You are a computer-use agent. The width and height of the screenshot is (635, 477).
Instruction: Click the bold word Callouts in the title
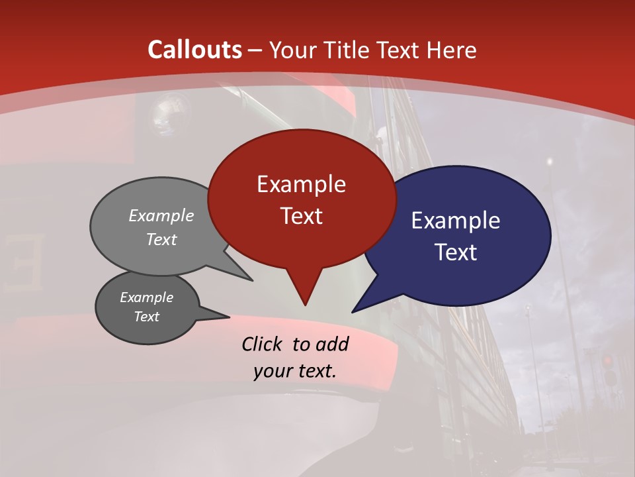click(195, 50)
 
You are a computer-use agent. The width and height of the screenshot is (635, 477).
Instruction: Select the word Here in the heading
click(452, 50)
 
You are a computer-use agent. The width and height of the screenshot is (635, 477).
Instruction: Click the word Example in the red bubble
click(301, 184)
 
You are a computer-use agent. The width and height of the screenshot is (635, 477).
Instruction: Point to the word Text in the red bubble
click(301, 216)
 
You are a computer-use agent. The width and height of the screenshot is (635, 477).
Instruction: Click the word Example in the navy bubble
click(456, 221)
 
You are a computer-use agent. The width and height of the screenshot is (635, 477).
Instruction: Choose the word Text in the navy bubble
click(456, 252)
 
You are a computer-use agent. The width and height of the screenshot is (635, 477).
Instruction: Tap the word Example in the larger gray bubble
click(161, 216)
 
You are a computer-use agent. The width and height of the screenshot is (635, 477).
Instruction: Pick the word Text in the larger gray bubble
click(161, 239)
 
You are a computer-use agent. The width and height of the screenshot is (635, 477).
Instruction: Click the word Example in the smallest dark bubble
click(147, 297)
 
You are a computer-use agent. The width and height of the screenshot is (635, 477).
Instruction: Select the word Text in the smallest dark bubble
click(147, 317)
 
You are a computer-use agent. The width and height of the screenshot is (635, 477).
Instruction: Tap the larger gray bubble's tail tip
click(252, 280)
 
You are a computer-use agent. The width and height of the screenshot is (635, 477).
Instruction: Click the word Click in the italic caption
click(263, 344)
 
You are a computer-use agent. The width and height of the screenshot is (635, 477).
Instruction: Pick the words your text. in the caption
click(294, 371)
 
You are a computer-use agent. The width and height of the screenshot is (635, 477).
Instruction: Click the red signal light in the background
click(607, 361)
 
